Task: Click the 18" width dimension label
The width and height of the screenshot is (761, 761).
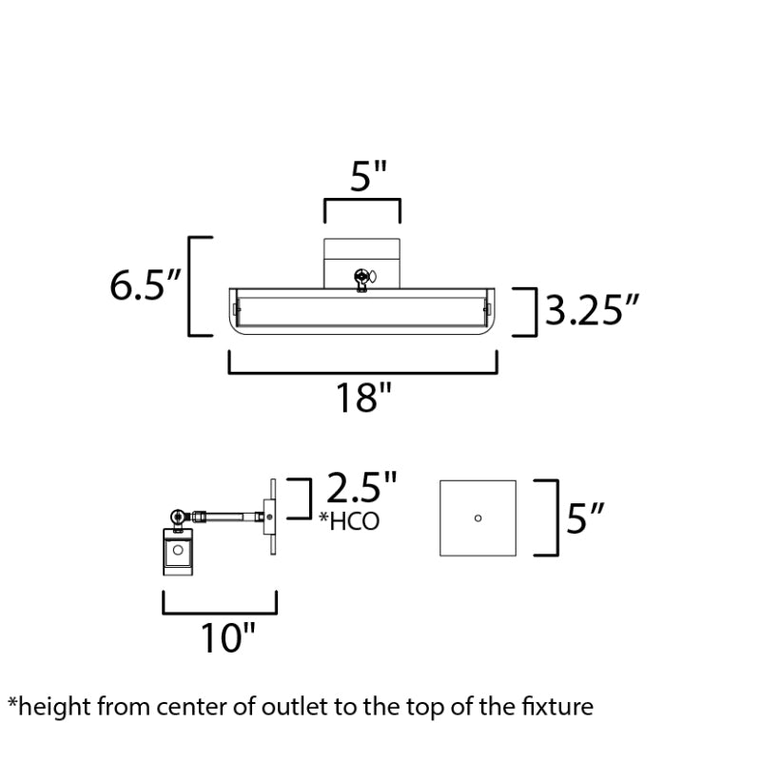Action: coord(363,399)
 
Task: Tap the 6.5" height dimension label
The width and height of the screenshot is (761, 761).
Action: coord(146,285)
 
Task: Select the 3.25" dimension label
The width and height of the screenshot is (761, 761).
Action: coord(592,310)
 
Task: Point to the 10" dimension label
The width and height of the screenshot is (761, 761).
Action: coord(227,638)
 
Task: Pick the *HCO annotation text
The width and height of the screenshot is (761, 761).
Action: coord(349,521)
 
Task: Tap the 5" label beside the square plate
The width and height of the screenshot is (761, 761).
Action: coord(585,518)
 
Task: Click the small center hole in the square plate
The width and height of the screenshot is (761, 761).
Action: coord(478,518)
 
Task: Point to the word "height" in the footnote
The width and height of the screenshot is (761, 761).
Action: coord(55,707)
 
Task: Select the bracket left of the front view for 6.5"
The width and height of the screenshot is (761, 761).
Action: coord(201,286)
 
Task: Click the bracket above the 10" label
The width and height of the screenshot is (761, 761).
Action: coord(220,603)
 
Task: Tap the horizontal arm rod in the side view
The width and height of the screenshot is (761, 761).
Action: coord(228,516)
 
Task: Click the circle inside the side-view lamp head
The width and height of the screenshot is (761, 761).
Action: coord(178,550)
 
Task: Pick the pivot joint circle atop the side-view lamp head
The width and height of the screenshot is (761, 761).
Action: coord(178,517)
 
